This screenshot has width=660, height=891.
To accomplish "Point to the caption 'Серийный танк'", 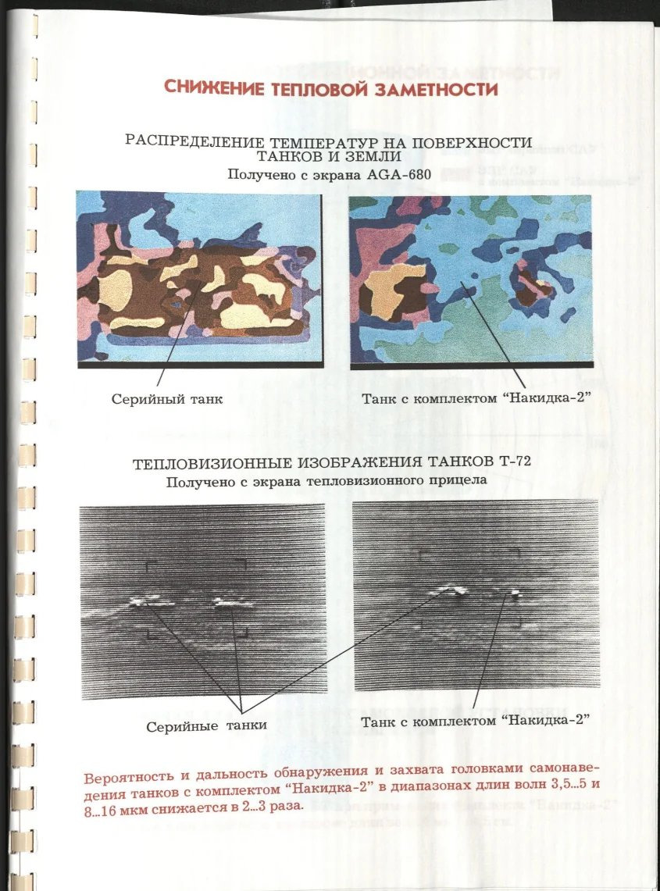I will [167, 399].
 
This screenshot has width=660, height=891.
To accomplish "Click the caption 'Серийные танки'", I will [207, 725].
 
